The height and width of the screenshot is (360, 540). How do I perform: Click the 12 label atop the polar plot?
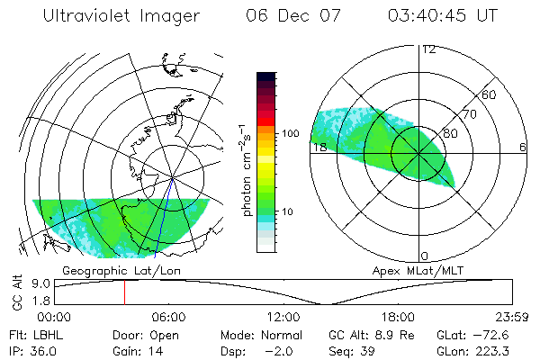point(429,49)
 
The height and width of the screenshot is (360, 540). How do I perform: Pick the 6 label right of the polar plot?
point(523,147)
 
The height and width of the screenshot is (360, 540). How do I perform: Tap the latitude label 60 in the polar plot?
point(490,94)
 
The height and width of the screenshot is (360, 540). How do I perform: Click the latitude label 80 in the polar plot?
point(451,131)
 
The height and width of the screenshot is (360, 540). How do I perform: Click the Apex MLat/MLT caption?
point(424,270)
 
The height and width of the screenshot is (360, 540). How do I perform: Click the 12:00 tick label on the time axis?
point(283,317)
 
